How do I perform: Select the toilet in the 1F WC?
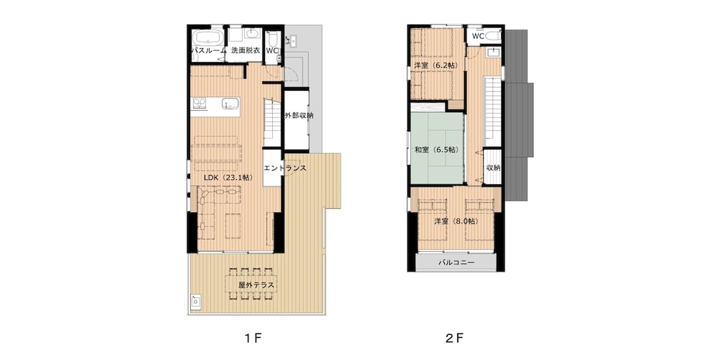(x=273, y=37)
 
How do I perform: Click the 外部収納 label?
(x=298, y=116)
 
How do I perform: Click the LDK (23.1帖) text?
(x=226, y=177)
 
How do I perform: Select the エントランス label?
(x=285, y=168)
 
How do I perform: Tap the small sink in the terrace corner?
(x=194, y=302)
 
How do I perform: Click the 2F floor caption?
(x=454, y=336)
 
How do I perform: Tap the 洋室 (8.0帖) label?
(x=455, y=221)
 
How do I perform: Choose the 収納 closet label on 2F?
(x=493, y=168)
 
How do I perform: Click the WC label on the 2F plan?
(x=478, y=36)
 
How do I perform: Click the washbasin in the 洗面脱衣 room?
(x=252, y=35)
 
